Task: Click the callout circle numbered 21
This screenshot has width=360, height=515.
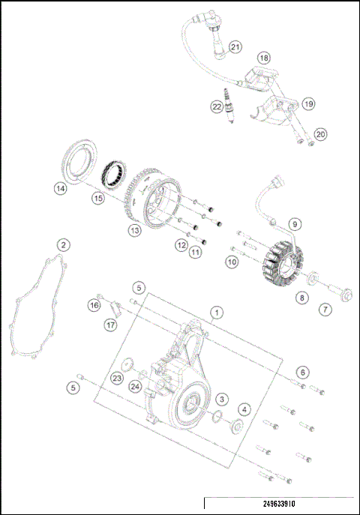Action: (235, 47)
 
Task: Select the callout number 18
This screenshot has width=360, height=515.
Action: (263, 58)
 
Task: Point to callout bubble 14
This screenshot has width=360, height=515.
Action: (60, 190)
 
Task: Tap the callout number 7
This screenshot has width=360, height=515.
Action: (325, 309)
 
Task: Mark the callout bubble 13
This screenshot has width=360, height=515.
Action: (134, 230)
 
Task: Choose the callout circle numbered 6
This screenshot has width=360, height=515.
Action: (301, 372)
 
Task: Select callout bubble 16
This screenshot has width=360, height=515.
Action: (94, 305)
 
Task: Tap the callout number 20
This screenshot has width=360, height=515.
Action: (320, 134)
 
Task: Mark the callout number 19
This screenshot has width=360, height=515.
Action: (308, 103)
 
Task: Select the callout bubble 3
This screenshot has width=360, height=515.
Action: (222, 400)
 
